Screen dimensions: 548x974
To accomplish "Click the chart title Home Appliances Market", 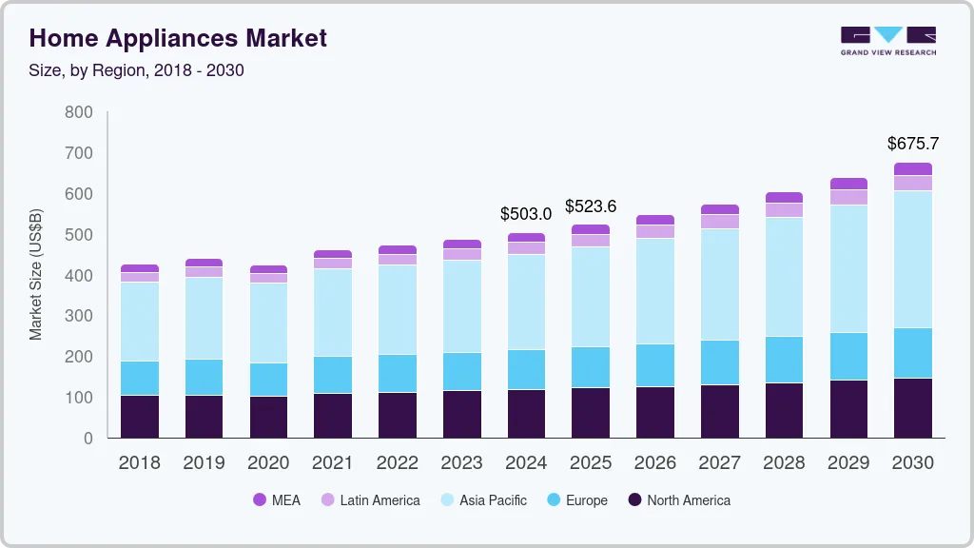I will pyautogui.click(x=178, y=38).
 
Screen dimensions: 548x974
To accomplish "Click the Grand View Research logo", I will pyautogui.click(x=887, y=41).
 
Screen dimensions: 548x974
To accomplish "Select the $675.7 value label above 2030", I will pyautogui.click(x=912, y=144).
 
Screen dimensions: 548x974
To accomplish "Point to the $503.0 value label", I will pyautogui.click(x=526, y=214).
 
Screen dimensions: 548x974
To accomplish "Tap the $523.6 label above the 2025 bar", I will pyautogui.click(x=591, y=206).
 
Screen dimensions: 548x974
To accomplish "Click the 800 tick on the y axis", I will pyautogui.click(x=79, y=112).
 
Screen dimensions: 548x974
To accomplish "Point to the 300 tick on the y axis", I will pyautogui.click(x=79, y=316).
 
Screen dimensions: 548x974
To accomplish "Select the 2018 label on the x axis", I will pyautogui.click(x=139, y=463).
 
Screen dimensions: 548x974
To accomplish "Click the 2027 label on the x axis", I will pyautogui.click(x=720, y=463).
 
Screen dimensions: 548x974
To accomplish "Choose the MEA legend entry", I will pyautogui.click(x=277, y=499).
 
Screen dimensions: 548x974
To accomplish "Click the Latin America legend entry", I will pyautogui.click(x=369, y=499).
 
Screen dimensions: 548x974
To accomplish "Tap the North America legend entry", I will pyautogui.click(x=678, y=499).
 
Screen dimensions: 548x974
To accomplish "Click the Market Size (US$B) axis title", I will pyautogui.click(x=36, y=274).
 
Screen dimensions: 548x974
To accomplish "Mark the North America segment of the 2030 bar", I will pyautogui.click(x=913, y=407).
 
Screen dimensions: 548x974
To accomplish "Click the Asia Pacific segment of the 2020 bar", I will pyautogui.click(x=268, y=323).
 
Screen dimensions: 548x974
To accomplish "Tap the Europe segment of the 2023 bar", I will pyautogui.click(x=461, y=371).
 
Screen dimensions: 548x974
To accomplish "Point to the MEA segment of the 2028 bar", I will pyautogui.click(x=784, y=198).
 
